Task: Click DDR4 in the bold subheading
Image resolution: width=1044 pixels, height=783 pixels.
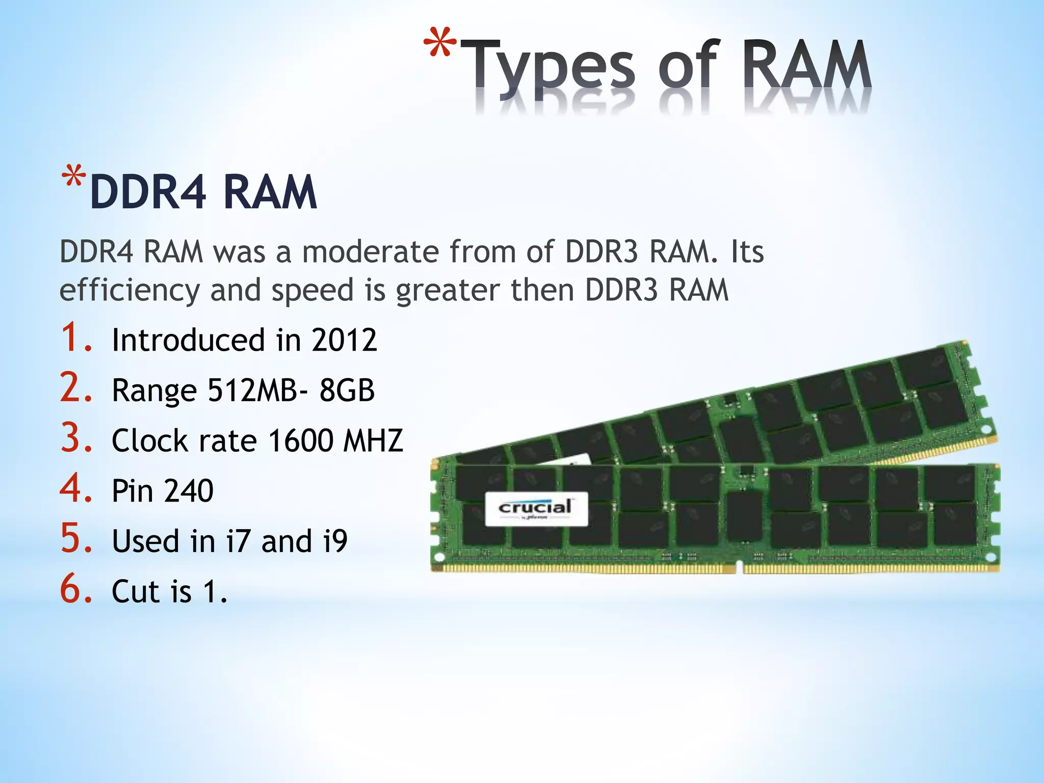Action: [x=148, y=192]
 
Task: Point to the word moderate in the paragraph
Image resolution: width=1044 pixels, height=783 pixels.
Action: [x=370, y=252]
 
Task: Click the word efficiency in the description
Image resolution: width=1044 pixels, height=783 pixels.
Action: [x=129, y=291]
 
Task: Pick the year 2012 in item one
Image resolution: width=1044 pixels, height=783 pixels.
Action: [x=344, y=340]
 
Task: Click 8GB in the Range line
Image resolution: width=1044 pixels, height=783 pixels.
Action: [x=347, y=390]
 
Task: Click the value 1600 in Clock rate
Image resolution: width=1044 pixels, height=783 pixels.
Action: [x=300, y=440]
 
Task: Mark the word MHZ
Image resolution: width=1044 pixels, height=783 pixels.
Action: [x=373, y=440]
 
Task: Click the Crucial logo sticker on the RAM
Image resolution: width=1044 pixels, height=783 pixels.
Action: [x=536, y=509]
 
